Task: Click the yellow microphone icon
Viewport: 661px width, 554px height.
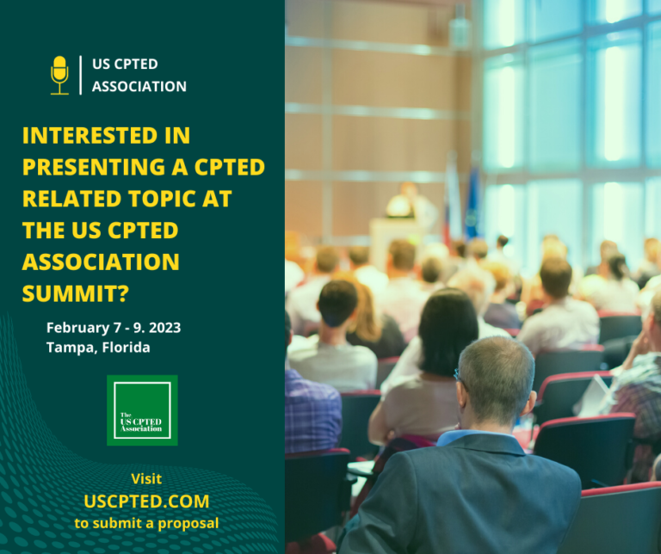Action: [59, 75]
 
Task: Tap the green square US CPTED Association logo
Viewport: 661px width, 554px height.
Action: [142, 410]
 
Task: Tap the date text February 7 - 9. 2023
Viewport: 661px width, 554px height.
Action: [114, 328]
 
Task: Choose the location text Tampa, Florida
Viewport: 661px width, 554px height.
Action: [99, 348]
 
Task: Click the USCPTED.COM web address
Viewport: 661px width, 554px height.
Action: [146, 501]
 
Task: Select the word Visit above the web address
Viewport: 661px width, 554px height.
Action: [146, 479]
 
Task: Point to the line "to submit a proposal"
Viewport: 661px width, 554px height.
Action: [146, 522]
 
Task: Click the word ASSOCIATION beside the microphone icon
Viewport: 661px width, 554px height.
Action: [139, 86]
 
